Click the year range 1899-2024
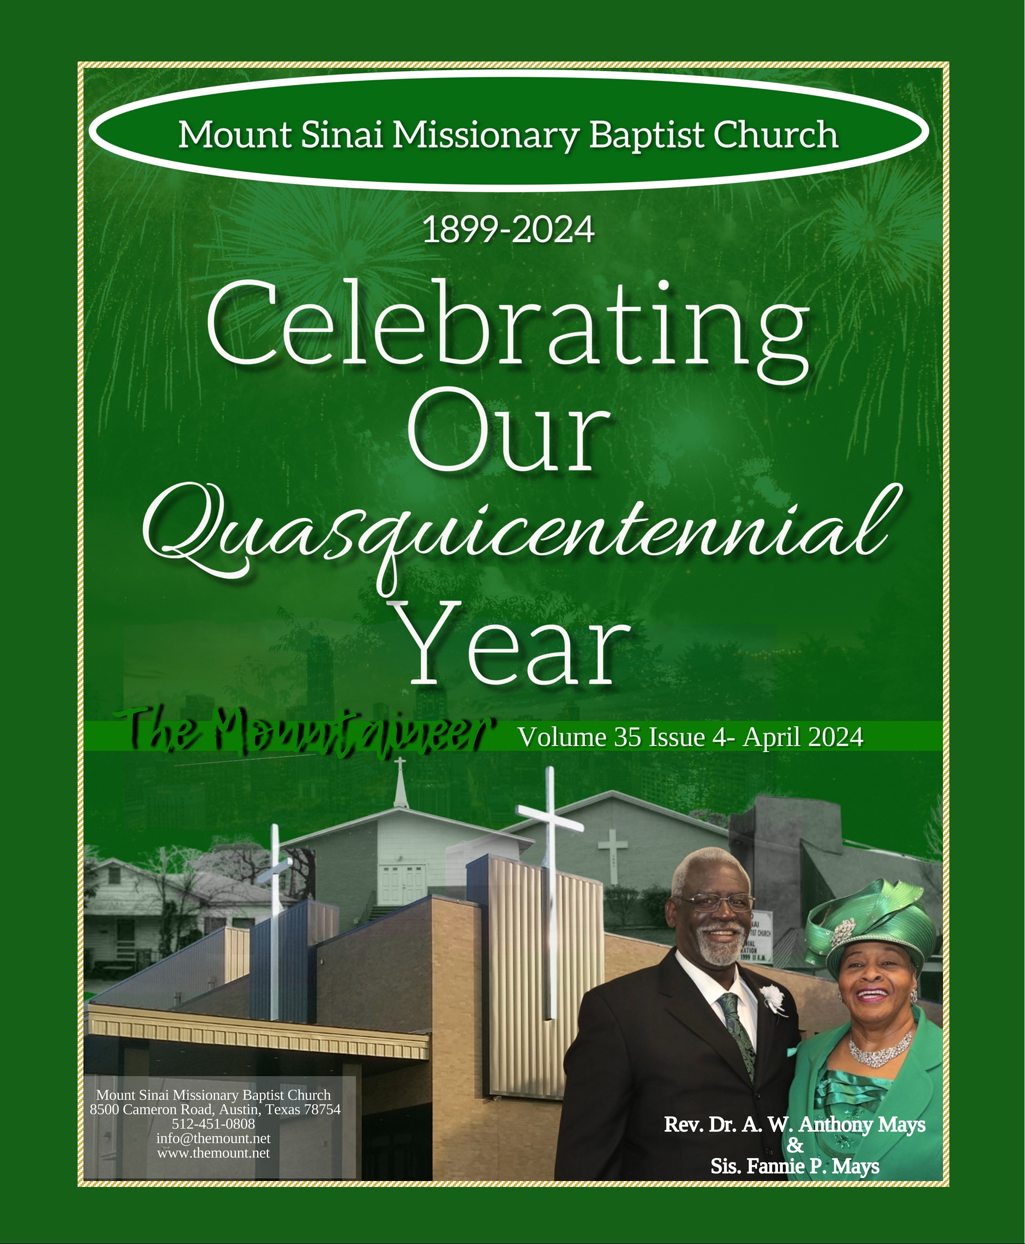tap(509, 230)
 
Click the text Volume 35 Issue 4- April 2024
tap(690, 737)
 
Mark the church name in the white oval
tap(509, 135)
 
